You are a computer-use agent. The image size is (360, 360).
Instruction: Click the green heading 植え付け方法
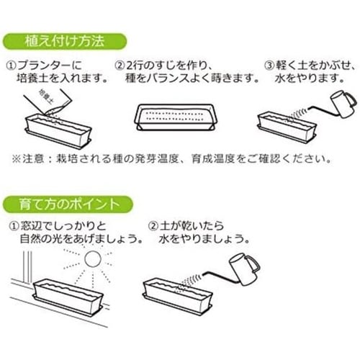tap(64, 42)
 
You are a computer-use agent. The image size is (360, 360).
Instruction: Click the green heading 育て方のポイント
tap(68, 204)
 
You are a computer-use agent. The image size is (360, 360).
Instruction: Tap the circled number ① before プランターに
tap(11, 66)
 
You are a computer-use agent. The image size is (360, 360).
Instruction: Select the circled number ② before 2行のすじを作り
tap(120, 66)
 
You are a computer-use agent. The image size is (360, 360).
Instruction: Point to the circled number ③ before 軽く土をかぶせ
tap(269, 66)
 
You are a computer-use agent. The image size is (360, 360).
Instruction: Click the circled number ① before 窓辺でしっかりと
tap(14, 226)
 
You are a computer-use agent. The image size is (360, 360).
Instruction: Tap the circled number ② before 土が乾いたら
tap(153, 226)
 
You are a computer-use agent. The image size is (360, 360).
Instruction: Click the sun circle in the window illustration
tap(93, 258)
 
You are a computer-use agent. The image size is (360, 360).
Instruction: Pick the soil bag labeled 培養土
tap(48, 101)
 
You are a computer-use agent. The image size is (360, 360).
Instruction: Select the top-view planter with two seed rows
tap(176, 117)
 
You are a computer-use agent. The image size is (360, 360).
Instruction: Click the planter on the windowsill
tap(68, 297)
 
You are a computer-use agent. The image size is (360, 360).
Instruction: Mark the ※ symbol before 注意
tap(17, 158)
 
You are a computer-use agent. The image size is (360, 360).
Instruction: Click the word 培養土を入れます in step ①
tap(62, 78)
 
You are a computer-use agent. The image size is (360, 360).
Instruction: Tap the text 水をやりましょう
tap(204, 239)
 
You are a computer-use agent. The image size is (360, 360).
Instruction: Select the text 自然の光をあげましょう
tap(81, 239)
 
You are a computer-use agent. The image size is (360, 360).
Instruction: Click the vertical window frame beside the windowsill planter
tap(27, 267)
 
